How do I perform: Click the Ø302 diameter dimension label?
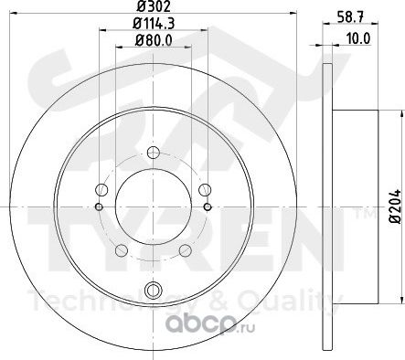pos(153,6)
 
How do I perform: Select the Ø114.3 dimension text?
pos(154,24)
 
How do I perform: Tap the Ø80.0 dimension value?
pos(154,41)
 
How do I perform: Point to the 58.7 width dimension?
pos(350,16)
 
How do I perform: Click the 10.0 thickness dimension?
pos(357,38)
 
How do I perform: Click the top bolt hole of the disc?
pos(153,153)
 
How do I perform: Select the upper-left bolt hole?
pos(101,190)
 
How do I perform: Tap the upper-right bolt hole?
pos(205,190)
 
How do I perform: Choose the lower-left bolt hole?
pos(122,250)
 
